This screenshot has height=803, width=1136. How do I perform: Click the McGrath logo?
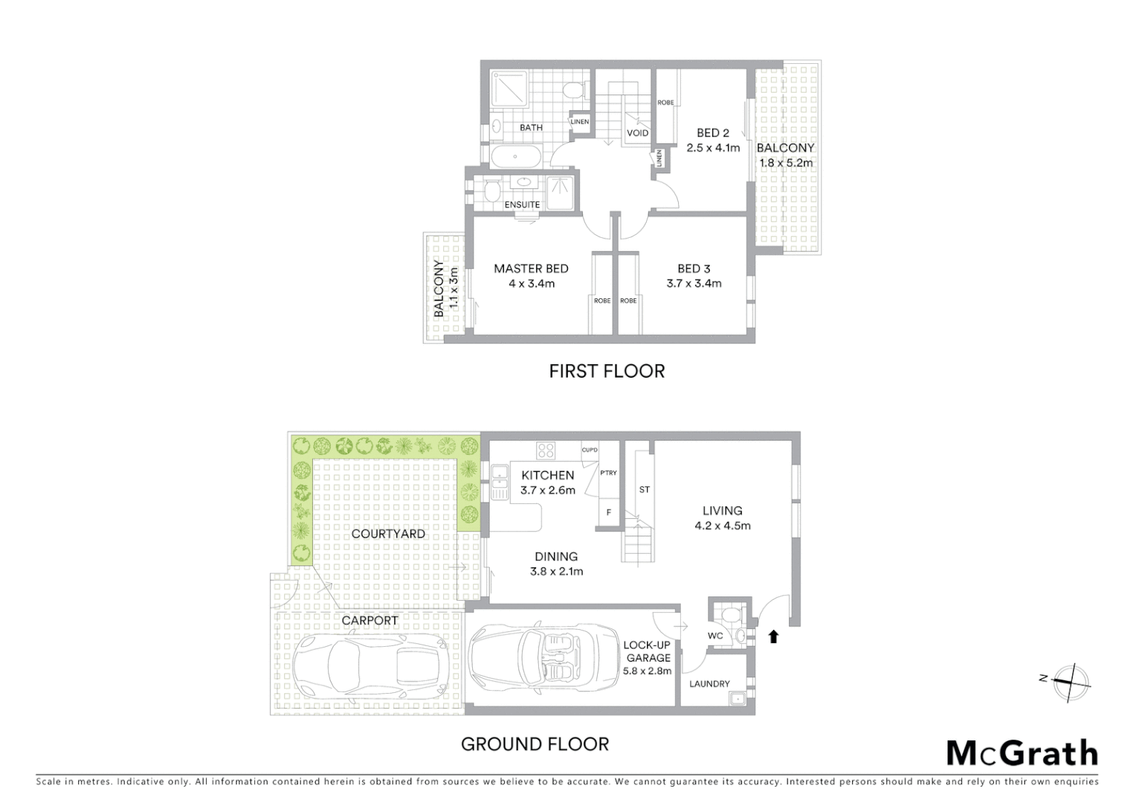click(x=1022, y=753)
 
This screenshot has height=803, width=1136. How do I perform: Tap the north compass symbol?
click(x=1069, y=683)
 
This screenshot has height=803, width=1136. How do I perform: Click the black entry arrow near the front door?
click(x=773, y=636)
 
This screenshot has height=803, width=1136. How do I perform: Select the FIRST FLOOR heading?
click(x=607, y=371)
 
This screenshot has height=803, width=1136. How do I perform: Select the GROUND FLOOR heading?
click(x=535, y=744)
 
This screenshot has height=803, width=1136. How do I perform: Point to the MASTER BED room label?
click(x=531, y=268)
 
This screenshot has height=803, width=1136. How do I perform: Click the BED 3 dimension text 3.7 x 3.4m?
click(x=694, y=283)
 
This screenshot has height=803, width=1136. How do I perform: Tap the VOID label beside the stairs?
click(x=637, y=133)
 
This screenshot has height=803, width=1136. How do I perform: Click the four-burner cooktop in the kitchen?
click(x=546, y=451)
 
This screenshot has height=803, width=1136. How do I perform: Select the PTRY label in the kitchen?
click(x=608, y=473)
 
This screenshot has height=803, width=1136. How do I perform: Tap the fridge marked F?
click(x=609, y=512)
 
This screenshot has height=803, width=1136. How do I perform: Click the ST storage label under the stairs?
click(x=644, y=489)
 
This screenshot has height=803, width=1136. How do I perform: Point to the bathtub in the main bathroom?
click(x=517, y=158)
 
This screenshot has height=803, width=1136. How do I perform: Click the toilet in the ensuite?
click(x=491, y=192)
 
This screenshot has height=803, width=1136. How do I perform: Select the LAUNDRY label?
click(x=709, y=683)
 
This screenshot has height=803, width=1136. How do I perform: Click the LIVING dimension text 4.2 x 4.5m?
click(x=722, y=526)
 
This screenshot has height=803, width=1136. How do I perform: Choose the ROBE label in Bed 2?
click(x=665, y=103)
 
